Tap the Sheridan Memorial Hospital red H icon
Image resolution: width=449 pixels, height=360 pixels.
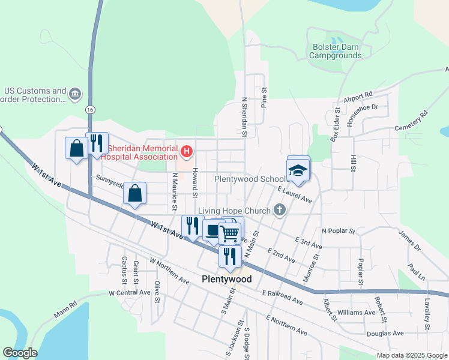click(187, 151)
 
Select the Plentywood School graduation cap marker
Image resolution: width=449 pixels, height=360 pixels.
click(298, 170)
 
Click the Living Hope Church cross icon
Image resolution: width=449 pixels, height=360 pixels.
click(279, 210)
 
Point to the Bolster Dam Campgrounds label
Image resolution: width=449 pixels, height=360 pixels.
click(335, 51)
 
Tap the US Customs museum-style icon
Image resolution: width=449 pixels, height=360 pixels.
click(75, 93)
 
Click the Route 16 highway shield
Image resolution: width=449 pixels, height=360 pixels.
click(90, 110)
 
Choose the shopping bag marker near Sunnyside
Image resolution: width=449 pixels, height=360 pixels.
click(135, 194)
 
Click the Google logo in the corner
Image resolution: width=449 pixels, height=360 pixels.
click(20, 353)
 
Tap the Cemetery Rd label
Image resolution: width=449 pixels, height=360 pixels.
click(411, 121)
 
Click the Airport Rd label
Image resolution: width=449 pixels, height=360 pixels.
click(358, 97)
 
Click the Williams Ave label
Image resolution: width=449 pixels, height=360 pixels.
click(357, 313)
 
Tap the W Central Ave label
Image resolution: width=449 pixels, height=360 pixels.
click(129, 292)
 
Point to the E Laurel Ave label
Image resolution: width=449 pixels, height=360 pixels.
click(295, 194)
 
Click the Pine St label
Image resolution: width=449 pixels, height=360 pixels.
click(264, 96)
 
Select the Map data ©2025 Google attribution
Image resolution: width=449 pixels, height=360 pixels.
click(411, 355)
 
